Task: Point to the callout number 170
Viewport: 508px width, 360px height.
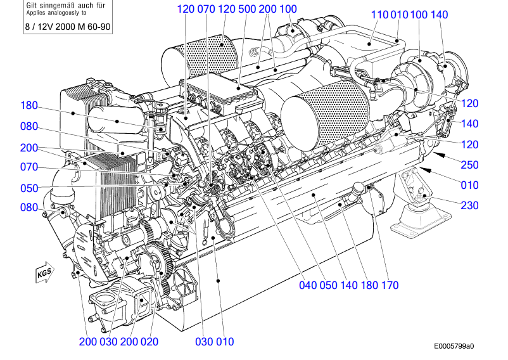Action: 390,285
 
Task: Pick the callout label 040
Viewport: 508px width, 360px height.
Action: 308,285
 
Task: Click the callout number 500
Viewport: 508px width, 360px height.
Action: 248,9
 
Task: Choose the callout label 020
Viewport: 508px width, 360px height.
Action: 149,342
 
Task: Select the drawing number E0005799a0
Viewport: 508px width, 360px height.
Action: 454,347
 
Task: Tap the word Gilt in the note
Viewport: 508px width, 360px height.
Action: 32,4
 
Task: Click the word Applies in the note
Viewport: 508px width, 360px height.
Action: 35,12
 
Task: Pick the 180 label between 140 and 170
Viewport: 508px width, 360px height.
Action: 369,285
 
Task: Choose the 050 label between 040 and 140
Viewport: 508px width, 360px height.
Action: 329,285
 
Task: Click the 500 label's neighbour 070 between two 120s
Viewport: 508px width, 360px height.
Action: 207,9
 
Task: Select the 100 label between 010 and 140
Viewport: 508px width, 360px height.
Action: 419,15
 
